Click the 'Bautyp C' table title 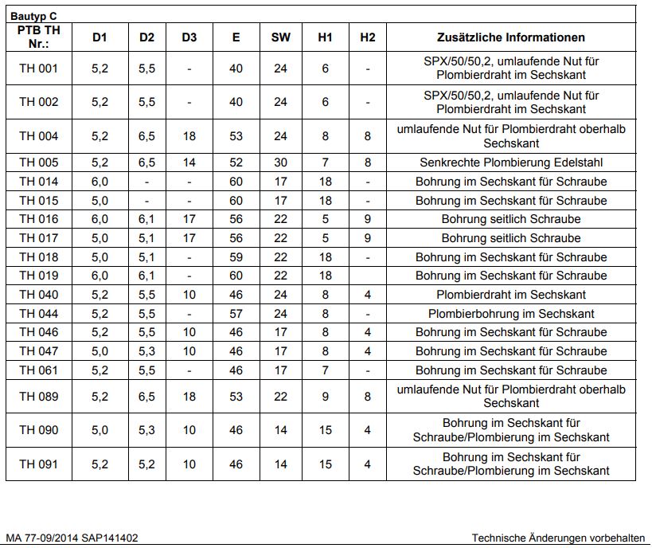(33, 15)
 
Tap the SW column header (280, 37)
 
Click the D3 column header (189, 37)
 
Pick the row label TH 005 (39, 162)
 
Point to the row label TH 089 (39, 396)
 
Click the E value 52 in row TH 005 (236, 162)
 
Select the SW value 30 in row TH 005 (280, 162)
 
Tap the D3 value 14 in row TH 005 (189, 162)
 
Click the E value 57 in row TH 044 (236, 314)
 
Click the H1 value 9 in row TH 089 (325, 396)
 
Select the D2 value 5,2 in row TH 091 (146, 464)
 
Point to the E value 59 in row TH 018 (236, 257)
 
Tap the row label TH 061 (39, 370)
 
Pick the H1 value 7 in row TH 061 (325, 370)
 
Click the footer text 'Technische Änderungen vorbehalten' (558, 538)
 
